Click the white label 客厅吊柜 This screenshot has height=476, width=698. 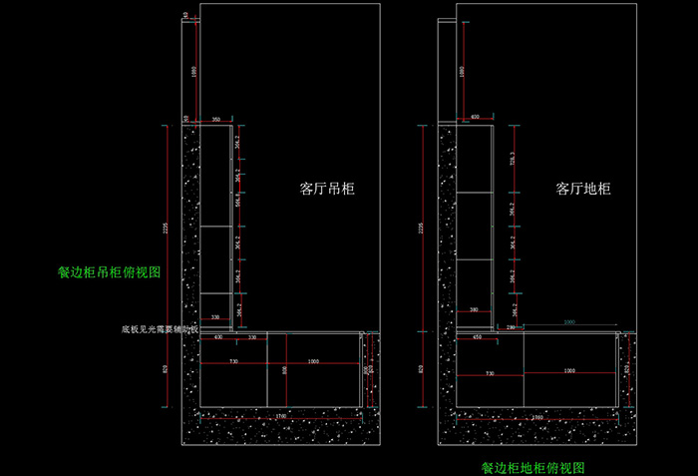click(x=328, y=188)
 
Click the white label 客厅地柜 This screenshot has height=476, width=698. click(x=583, y=188)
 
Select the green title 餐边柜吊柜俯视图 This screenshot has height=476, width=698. click(x=109, y=271)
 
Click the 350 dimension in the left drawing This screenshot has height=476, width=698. click(x=216, y=120)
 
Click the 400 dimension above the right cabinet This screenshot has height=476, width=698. click(x=475, y=117)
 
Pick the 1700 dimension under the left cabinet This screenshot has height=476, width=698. click(x=281, y=415)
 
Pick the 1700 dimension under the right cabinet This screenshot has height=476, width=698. click(x=536, y=416)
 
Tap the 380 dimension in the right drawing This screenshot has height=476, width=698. click(x=475, y=309)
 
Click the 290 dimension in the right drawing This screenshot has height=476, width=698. click(x=511, y=327)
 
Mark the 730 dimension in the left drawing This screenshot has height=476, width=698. click(x=234, y=360)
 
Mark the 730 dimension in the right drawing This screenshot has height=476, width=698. click(x=489, y=371)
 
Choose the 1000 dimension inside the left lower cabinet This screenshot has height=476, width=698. click(x=313, y=360)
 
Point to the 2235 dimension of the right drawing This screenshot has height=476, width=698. click(x=422, y=229)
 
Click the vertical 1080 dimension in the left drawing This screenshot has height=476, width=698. click(x=195, y=71)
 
